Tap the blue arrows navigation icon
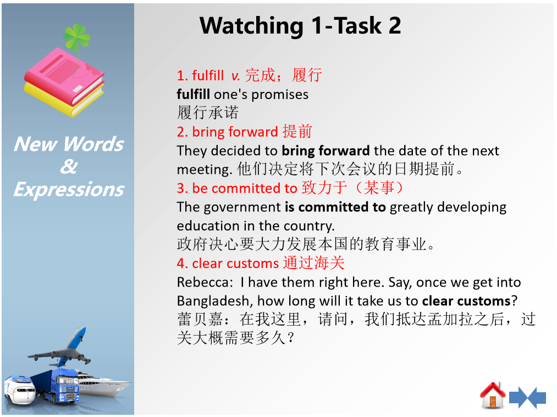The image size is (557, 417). tap(527, 397)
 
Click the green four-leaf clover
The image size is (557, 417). tap(76, 37)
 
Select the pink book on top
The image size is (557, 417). tap(64, 76)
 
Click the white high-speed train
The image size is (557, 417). tap(20, 389)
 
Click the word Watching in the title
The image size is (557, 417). tap(251, 26)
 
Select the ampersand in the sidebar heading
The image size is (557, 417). tap(69, 166)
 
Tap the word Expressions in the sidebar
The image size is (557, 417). tap(69, 189)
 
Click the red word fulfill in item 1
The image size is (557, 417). tap(208, 75)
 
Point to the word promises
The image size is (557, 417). tap(280, 95)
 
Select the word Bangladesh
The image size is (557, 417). tap(215, 301)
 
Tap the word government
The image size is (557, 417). tap(242, 207)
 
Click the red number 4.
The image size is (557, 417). tap(182, 264)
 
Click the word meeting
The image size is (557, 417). tap(205, 170)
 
